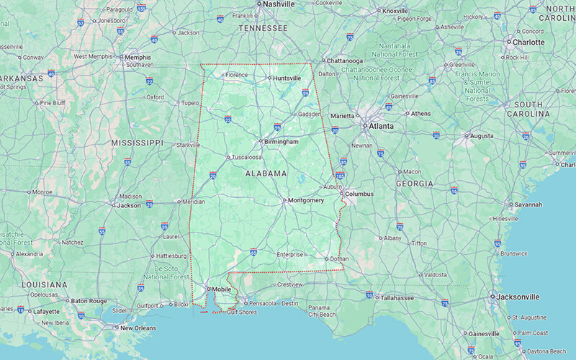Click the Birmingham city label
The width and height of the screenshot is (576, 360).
click(x=281, y=142)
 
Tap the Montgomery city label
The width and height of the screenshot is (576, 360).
click(x=305, y=200)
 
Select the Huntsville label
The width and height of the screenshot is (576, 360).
click(x=286, y=78)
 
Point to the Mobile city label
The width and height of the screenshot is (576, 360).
click(x=222, y=289)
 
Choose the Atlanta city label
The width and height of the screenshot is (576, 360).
click(x=381, y=126)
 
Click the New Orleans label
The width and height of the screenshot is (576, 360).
click(x=138, y=328)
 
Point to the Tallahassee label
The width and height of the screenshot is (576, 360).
click(x=401, y=297)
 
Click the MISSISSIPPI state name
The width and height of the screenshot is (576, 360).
click(x=138, y=143)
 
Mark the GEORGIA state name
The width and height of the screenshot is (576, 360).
click(x=414, y=184)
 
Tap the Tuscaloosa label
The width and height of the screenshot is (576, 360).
click(x=246, y=157)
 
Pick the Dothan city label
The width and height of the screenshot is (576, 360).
click(x=339, y=259)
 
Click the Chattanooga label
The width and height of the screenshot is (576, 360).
click(x=345, y=60)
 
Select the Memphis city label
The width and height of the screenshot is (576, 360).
click(x=138, y=57)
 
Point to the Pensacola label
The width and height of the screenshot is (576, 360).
click(x=263, y=303)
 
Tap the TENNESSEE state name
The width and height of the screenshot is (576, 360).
click(x=264, y=28)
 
